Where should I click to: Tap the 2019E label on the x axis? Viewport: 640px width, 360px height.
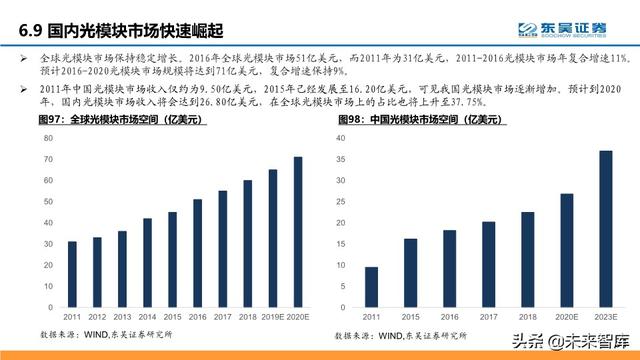273,317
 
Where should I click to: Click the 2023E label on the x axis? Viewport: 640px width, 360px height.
606,317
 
